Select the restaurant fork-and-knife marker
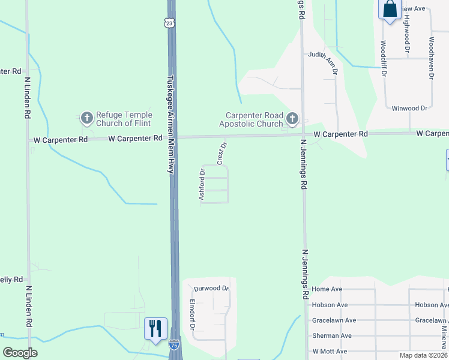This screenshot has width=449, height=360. pos(155,328)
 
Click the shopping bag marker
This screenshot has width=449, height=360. pos(389,9)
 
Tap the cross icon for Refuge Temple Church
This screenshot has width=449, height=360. pos(86,118)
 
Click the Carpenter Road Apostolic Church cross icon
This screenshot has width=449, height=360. pos(292,119)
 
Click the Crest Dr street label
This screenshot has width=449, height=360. pos(222,154)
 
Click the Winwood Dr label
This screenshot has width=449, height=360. pos(409,108)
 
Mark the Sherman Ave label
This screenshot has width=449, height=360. pos(332,335)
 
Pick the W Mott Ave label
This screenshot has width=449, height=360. pos(330,351)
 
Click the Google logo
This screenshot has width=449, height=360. pos(20,353)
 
